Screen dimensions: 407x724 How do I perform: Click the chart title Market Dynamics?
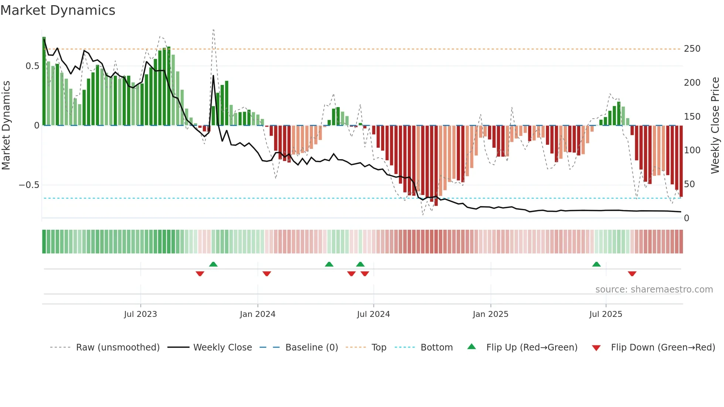(x=58, y=10)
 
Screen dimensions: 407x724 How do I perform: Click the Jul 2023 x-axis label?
(x=140, y=314)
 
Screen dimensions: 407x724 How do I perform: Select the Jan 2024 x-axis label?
(x=257, y=314)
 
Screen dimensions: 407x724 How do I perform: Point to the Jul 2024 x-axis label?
(x=373, y=314)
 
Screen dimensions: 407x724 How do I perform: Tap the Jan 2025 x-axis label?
(x=490, y=314)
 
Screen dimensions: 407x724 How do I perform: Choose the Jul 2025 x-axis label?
(x=605, y=314)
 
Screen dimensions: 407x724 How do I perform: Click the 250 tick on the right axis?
(x=692, y=49)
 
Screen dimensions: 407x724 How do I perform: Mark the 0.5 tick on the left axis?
(x=32, y=66)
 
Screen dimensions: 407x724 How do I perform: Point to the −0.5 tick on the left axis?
(x=29, y=185)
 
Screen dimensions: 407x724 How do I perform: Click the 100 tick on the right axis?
(x=692, y=150)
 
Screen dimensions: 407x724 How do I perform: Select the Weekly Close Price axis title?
(x=715, y=126)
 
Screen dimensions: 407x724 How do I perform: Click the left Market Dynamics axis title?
(x=6, y=126)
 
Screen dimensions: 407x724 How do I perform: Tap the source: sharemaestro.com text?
(x=654, y=290)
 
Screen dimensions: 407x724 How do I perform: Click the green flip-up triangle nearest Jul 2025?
(x=596, y=264)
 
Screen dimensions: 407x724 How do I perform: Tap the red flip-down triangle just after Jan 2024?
(x=267, y=274)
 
